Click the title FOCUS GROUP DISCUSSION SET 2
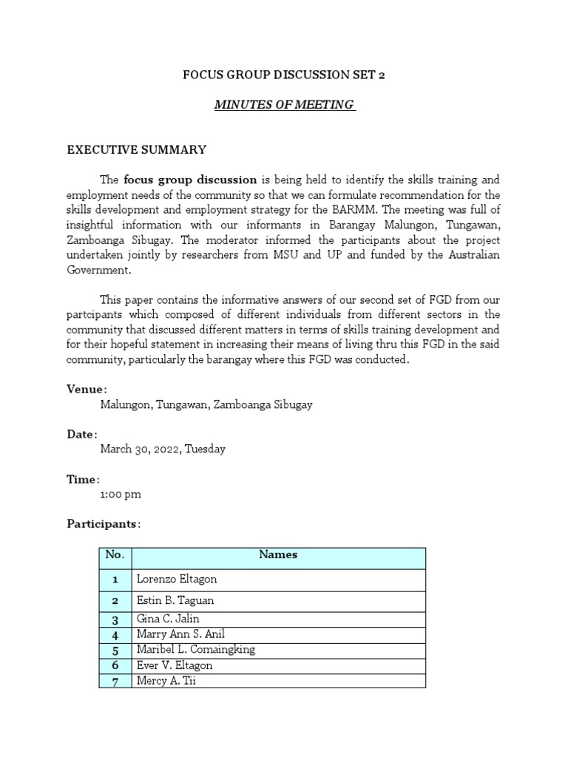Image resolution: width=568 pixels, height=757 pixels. point(284,75)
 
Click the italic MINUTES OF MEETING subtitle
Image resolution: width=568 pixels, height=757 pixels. point(284,104)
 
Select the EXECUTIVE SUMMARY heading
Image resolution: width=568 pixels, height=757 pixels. point(137,149)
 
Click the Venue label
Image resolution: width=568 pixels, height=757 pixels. point(86,389)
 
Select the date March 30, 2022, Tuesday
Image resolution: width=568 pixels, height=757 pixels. point(163,449)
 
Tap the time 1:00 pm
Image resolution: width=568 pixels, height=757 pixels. point(121,494)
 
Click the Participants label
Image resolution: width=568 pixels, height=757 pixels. point(103,523)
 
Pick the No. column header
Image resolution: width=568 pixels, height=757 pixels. point(115,554)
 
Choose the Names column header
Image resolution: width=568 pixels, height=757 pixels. point(278,554)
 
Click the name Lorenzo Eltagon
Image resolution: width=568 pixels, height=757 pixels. point(177,580)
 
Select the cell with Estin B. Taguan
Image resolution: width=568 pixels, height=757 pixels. point(175,601)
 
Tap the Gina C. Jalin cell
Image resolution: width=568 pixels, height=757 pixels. point(168,619)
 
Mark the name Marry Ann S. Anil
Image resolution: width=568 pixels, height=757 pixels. point(180,634)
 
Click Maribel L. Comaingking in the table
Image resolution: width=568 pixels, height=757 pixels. point(195,650)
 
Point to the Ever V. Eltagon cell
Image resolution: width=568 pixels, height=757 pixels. point(175,665)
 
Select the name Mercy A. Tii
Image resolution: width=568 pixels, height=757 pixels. point(166,681)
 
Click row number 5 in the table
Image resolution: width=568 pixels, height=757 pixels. point(115,651)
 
